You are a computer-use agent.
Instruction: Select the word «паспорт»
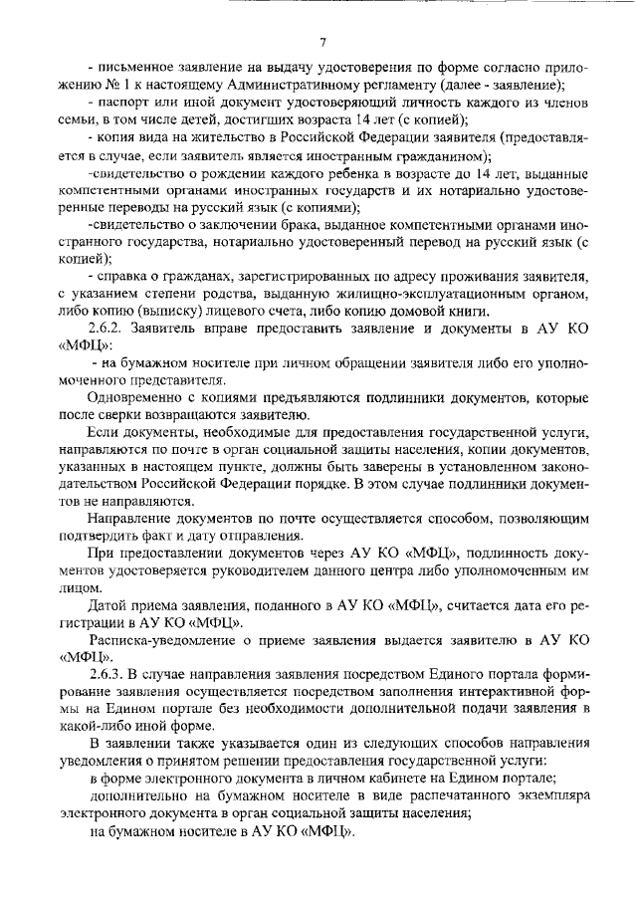tap(123, 102)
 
